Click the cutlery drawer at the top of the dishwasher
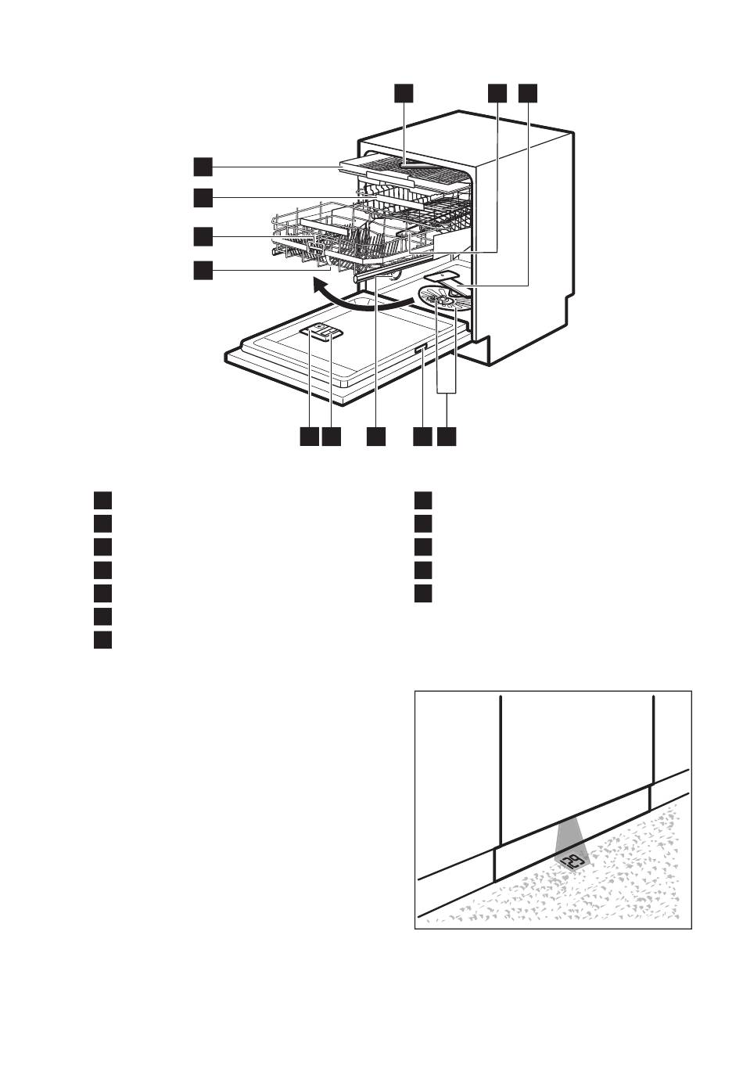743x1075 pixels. pos(407,167)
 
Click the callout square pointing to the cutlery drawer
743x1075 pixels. pos(203,166)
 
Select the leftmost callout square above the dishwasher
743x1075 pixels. pos(403,92)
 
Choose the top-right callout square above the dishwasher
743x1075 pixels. pos(528,92)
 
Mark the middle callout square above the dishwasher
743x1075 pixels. pos(497,92)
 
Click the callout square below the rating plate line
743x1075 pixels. pos(422,436)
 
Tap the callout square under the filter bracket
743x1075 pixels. pos(447,436)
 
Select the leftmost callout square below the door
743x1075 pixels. pos(308,436)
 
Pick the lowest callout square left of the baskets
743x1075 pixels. pos(203,269)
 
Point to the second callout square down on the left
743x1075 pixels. pos(203,198)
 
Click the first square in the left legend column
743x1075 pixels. pos(102,499)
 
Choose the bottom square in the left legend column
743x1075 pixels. pos(102,639)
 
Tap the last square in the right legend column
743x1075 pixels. pos(422,592)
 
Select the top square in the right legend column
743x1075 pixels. pos(422,499)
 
